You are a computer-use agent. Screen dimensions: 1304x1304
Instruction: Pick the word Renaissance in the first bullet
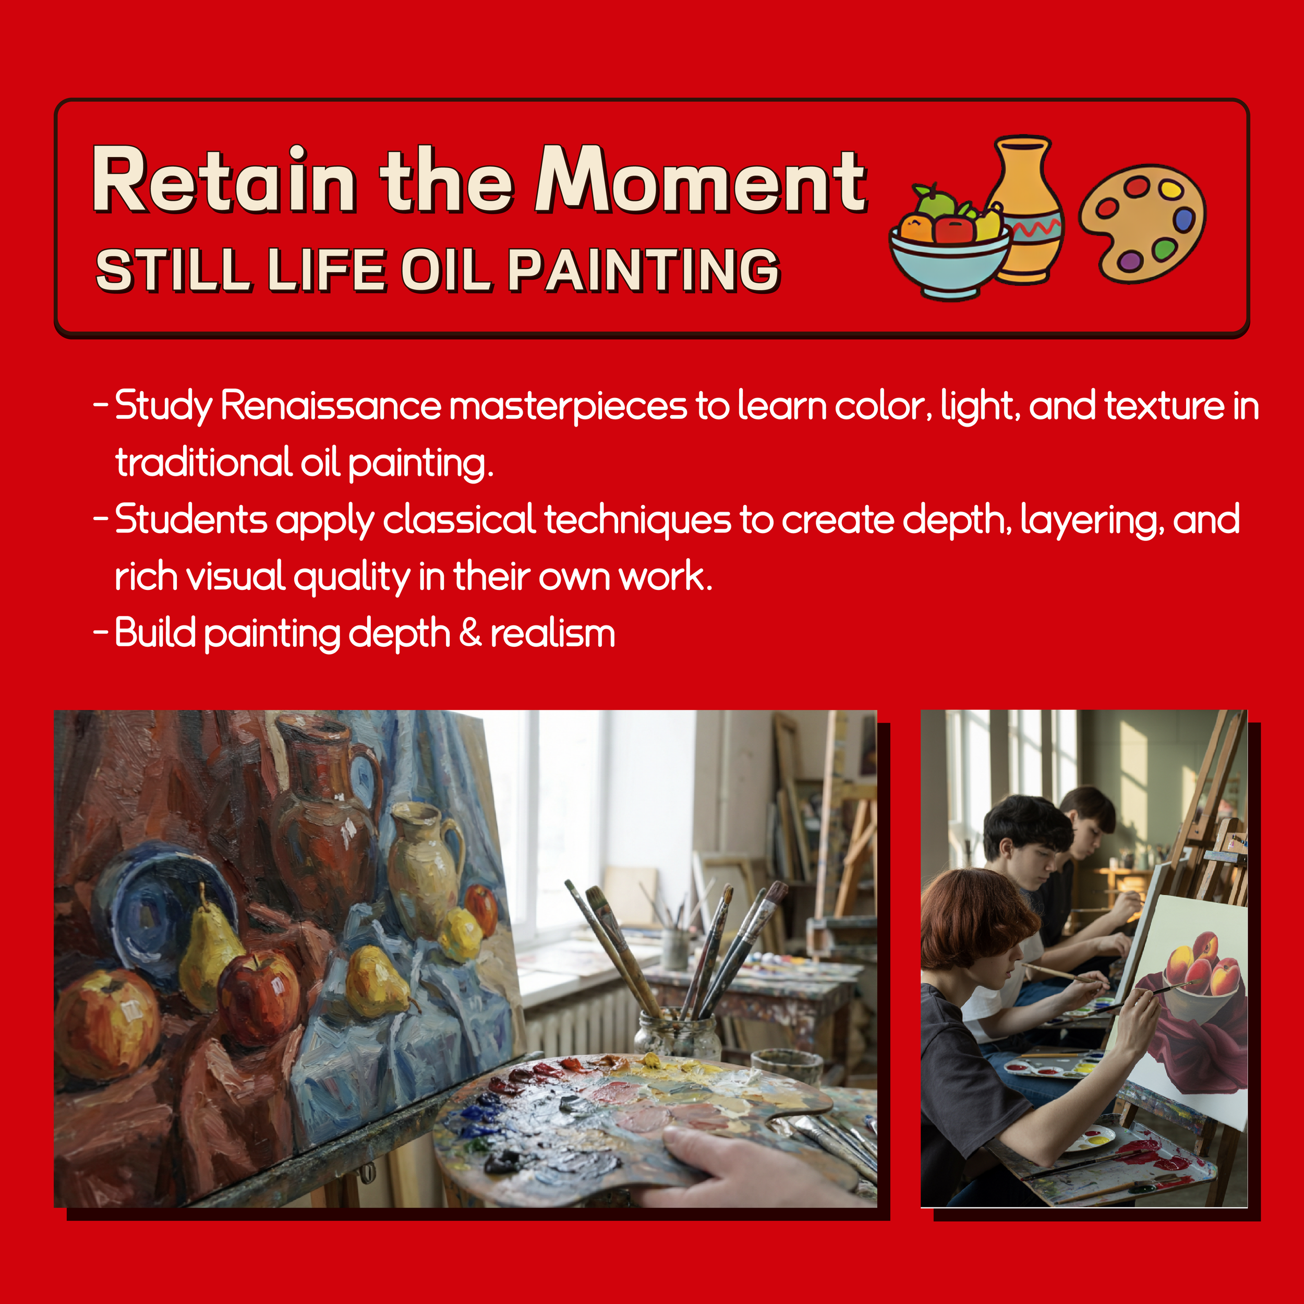(x=331, y=406)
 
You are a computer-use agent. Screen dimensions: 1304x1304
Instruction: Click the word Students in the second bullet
(x=191, y=520)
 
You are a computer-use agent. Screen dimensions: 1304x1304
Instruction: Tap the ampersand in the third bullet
(x=470, y=633)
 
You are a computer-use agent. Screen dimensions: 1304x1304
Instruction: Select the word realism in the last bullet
(x=552, y=634)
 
